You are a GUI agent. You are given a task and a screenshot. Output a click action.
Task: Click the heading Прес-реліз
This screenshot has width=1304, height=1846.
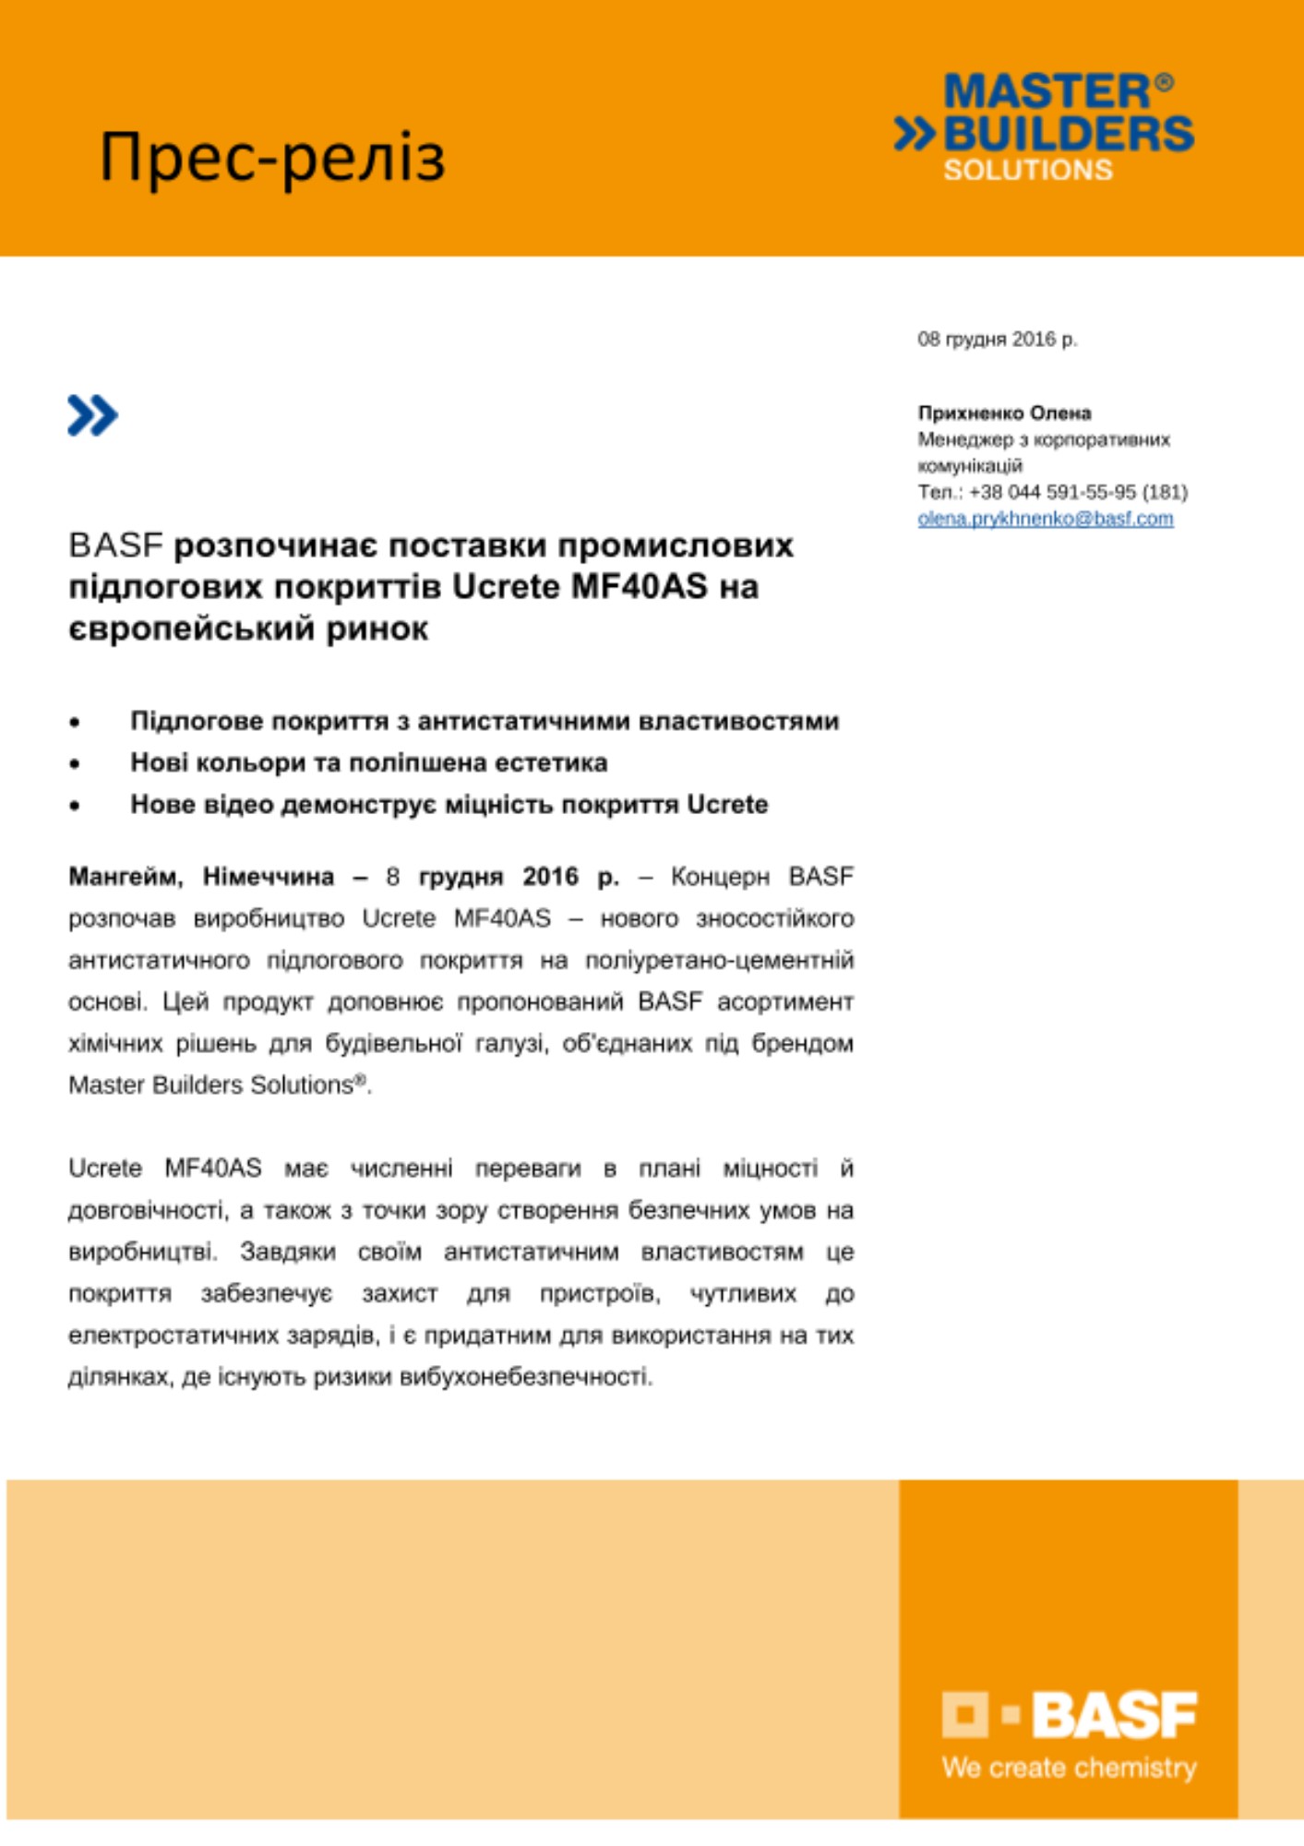pyautogui.click(x=272, y=157)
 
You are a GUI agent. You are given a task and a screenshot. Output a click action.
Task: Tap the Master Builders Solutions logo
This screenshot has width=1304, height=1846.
pyautogui.click(x=1045, y=126)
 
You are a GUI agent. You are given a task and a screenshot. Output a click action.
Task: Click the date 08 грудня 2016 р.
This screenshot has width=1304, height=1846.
pyautogui.click(x=997, y=340)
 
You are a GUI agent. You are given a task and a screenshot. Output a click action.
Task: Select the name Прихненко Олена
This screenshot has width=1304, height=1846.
pyautogui.click(x=1004, y=413)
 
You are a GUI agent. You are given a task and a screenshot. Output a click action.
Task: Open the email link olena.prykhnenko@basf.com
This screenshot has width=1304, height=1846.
pyautogui.click(x=1045, y=519)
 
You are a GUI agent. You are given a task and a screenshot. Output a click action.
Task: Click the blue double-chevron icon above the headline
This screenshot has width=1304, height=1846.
pyautogui.click(x=92, y=415)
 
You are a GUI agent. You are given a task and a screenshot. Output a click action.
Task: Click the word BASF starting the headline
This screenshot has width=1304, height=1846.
pyautogui.click(x=115, y=545)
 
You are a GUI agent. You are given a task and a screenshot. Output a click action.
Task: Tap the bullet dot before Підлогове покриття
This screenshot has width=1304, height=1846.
pyautogui.click(x=75, y=723)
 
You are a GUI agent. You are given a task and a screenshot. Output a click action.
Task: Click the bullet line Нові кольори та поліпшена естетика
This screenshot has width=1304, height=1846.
pyautogui.click(x=368, y=762)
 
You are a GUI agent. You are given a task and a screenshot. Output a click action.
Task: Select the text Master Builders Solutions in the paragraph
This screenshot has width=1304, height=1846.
pyautogui.click(x=211, y=1085)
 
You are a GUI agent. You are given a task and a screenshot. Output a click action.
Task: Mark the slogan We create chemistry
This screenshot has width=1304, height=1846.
pyautogui.click(x=1069, y=1768)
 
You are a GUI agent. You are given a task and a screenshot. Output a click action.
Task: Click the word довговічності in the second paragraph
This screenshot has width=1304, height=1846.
pyautogui.click(x=147, y=1210)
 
